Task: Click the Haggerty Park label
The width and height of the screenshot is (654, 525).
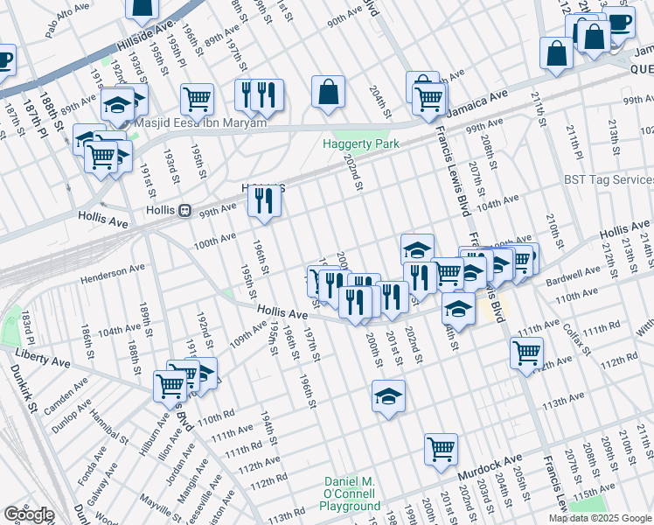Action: [354, 143]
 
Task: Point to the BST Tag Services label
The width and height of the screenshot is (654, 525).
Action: [609, 179]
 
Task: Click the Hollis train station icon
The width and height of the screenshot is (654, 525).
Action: [184, 211]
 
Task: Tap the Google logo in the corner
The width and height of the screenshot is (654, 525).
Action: [29, 514]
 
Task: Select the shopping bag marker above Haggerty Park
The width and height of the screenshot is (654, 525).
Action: [328, 92]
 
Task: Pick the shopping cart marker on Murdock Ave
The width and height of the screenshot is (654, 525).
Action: [442, 450]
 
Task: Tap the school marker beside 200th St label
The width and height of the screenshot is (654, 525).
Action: [388, 396]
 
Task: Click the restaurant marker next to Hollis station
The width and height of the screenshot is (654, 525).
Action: [263, 201]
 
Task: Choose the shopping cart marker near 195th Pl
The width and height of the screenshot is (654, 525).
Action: [198, 100]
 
